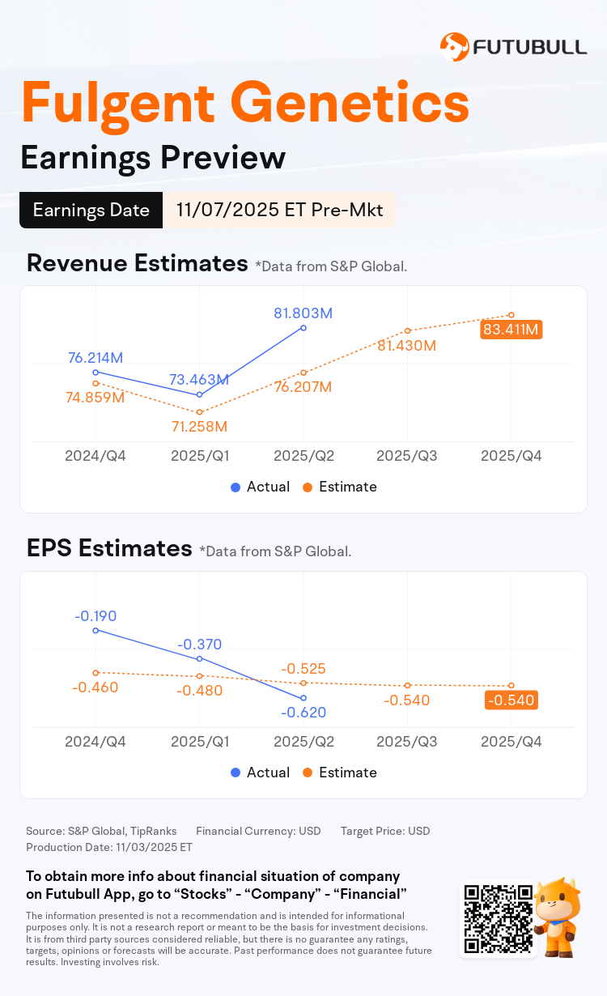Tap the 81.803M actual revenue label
click(303, 313)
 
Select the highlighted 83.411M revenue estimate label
click(511, 330)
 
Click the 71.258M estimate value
click(198, 427)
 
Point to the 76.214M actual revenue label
click(96, 357)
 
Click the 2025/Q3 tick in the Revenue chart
click(407, 456)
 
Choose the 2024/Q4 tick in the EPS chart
click(96, 742)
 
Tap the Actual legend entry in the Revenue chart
click(260, 487)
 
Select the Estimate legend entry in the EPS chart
click(339, 773)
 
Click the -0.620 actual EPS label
click(303, 713)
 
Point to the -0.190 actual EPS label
click(96, 616)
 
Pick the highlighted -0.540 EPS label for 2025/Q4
click(511, 700)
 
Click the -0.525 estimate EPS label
click(303, 669)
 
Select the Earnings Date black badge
click(91, 211)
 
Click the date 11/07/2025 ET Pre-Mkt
click(279, 211)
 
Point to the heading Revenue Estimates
click(137, 263)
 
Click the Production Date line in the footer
click(109, 847)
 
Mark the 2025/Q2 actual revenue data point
click(303, 328)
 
